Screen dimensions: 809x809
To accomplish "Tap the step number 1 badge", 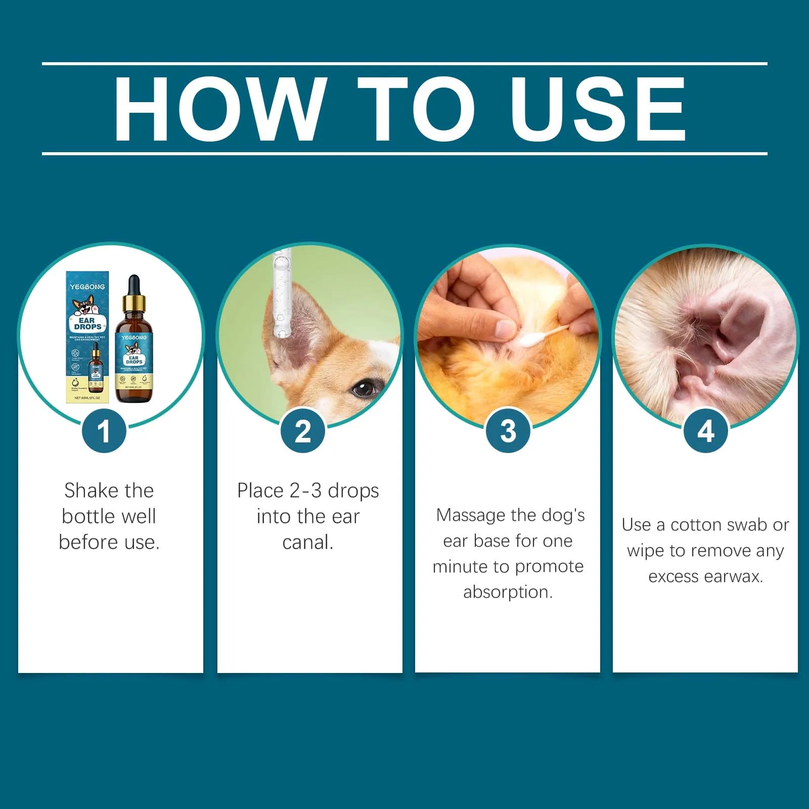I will [x=104, y=431].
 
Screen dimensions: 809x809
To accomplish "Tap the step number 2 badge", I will [x=303, y=431].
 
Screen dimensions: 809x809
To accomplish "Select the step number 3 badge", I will [x=508, y=431].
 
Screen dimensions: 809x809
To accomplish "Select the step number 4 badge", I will [x=705, y=431].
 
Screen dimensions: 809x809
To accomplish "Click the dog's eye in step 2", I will [x=363, y=388].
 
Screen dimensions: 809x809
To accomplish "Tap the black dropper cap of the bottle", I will [x=133, y=287].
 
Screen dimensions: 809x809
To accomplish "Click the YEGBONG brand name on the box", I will [x=87, y=287].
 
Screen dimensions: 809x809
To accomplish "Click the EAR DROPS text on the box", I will [x=87, y=324].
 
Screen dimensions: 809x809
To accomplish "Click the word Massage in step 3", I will [x=471, y=516].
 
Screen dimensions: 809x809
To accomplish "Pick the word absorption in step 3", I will [x=508, y=592].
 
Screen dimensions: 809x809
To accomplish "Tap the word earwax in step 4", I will [x=730, y=576].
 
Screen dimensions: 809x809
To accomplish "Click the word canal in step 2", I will [x=306, y=543].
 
